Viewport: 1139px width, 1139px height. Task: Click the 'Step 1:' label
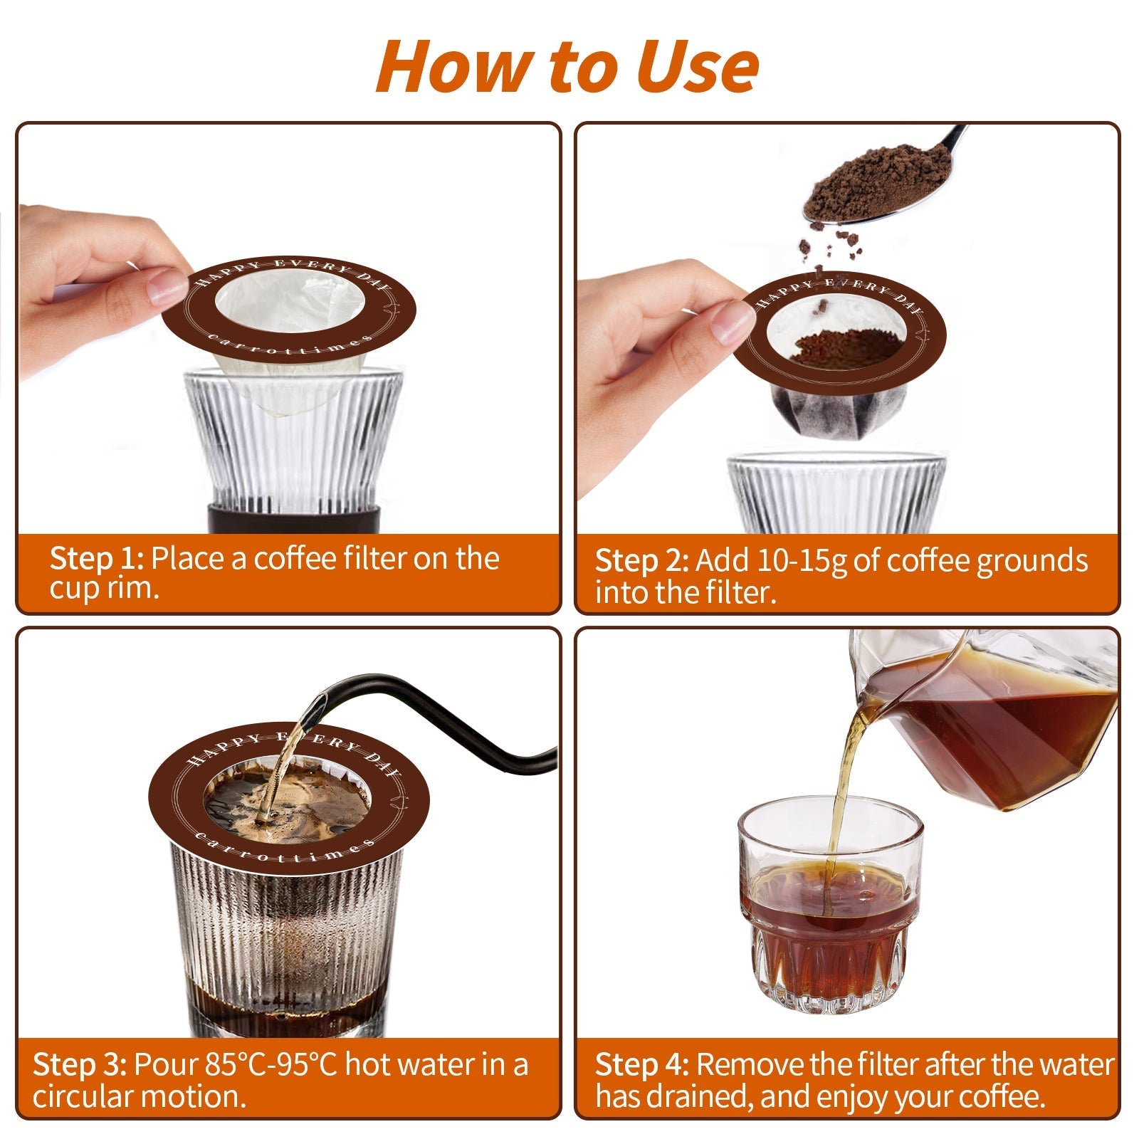click(97, 559)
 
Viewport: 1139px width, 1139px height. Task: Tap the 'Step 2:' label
click(641, 561)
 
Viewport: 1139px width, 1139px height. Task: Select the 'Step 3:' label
click(80, 1065)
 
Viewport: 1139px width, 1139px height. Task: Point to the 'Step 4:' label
click(641, 1065)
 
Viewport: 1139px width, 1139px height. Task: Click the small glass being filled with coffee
click(830, 918)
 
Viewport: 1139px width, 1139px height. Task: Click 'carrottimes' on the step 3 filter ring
click(285, 854)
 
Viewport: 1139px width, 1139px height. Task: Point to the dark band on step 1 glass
click(288, 518)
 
